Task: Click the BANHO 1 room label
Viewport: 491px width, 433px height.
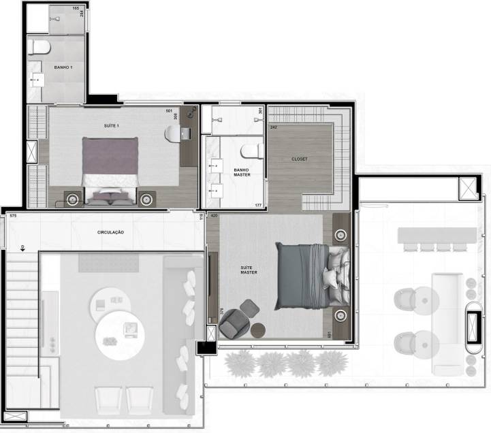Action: (64, 67)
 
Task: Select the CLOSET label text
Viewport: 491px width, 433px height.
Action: (299, 159)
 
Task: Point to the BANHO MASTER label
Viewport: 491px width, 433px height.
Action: (242, 172)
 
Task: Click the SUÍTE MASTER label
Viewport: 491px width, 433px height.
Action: (249, 270)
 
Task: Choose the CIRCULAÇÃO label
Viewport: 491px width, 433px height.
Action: (110, 232)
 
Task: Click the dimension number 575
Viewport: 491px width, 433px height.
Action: (12, 216)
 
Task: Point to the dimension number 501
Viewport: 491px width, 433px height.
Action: (169, 111)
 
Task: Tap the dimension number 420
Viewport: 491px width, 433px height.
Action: (214, 216)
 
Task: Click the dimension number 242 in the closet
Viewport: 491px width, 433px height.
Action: (273, 127)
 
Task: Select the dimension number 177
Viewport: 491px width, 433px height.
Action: (258, 205)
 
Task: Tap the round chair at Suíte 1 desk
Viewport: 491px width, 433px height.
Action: (173, 133)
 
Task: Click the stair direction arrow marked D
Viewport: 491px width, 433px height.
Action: (22, 248)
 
